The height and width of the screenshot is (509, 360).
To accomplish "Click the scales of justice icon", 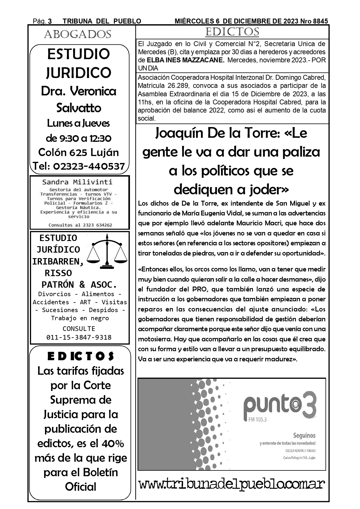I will (107, 251).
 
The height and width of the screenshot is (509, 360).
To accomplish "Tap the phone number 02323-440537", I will (89, 166).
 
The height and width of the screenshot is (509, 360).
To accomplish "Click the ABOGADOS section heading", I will (78, 34).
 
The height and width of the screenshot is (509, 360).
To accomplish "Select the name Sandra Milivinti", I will (77, 182).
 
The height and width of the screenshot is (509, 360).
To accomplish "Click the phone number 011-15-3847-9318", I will (79, 337).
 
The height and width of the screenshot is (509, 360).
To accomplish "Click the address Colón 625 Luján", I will (79, 152).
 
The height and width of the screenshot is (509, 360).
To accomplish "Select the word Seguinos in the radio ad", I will (304, 435).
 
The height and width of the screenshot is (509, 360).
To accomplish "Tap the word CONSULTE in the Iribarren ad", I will (79, 329).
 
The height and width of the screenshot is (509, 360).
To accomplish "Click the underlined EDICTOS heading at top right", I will (232, 32).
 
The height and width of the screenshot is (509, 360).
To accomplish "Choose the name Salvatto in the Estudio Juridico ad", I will (79, 108).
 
